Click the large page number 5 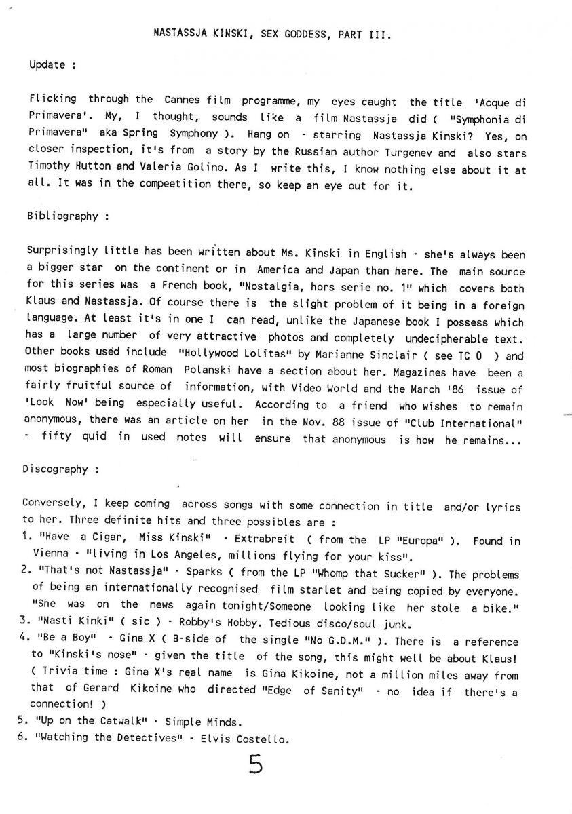255,764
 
